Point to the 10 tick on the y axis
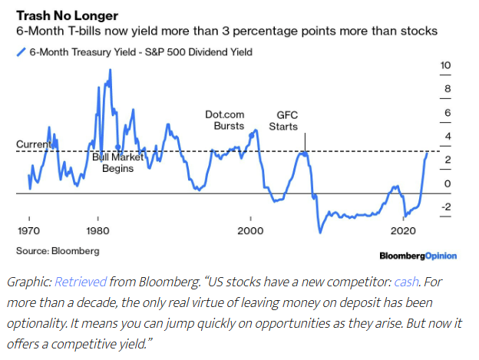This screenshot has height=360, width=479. coord(444,66)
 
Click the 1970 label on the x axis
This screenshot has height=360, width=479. coord(28,230)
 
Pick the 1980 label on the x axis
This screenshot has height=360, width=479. coord(97,230)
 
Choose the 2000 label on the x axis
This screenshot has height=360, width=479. coord(250,230)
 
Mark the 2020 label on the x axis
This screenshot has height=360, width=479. coord(402,230)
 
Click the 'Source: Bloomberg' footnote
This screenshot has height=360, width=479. coord(58,250)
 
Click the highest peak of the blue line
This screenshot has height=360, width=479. coord(110,70)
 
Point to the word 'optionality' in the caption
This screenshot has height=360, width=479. coord(35,319)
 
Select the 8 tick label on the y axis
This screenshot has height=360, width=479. coord(445,90)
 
